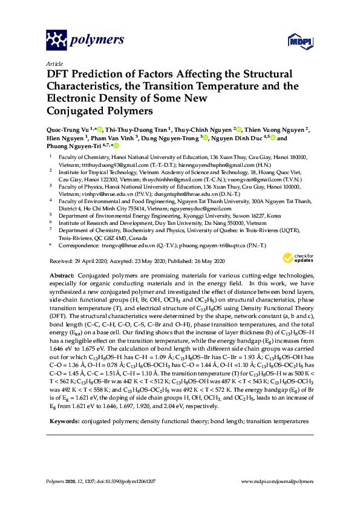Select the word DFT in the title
tap(59, 74)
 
